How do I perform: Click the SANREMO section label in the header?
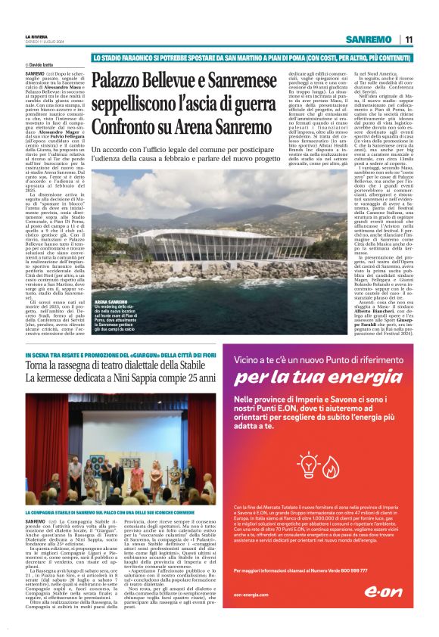pos(367,39)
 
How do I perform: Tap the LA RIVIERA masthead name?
pos(37,35)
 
